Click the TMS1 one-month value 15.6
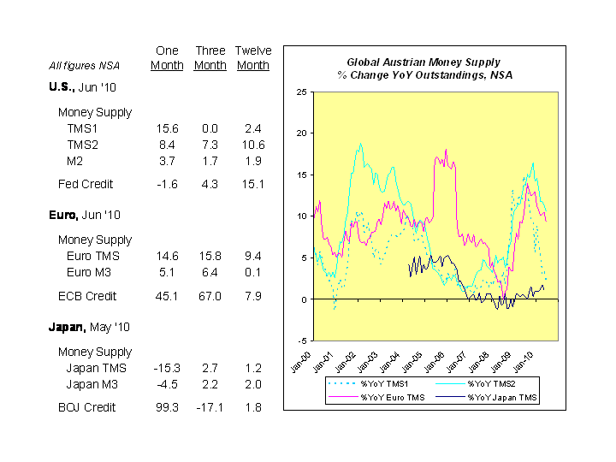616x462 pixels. pos(167,128)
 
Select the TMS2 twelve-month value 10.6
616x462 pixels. pos(252,145)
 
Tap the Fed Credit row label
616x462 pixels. pos(86,184)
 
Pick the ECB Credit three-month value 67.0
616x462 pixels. pos(210,296)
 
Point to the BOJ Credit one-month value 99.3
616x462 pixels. pos(167,407)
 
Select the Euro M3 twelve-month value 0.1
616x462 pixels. pos(252,272)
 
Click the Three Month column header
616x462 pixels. pos(210,58)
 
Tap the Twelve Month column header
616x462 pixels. pos(252,58)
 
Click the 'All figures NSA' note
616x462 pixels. pos(85,65)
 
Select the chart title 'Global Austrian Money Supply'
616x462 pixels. pos(423,62)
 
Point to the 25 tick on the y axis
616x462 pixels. pos(301,92)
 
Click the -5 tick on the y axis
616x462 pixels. pos(303,341)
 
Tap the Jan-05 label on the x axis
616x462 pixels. pos(412,358)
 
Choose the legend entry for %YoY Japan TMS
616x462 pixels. pos(503,397)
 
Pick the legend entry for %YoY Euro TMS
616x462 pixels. pos(392,397)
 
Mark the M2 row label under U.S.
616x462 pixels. pos(74,161)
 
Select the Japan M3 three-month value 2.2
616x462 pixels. pos(210,384)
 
